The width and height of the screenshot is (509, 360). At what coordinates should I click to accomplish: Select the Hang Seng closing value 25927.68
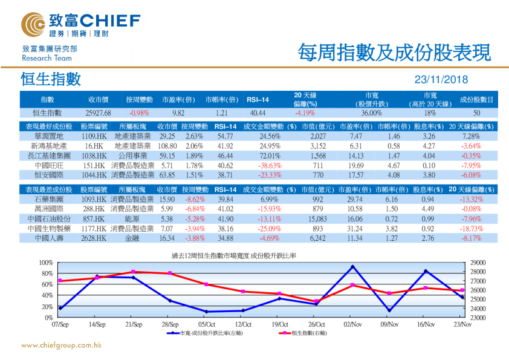[98, 113]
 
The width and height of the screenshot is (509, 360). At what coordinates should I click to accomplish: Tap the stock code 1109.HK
[94, 137]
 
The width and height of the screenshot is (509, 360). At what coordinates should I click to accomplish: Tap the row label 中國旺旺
[50, 165]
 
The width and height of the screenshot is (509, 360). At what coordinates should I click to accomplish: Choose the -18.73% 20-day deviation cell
[471, 229]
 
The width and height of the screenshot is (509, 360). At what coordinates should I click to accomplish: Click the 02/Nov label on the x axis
[352, 325]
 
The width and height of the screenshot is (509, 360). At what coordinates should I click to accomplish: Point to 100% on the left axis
[46, 263]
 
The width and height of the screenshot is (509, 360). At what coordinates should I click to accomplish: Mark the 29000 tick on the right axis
[477, 263]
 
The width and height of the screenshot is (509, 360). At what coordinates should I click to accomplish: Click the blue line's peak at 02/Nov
[353, 267]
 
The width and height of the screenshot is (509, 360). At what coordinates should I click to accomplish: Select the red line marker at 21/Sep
[134, 272]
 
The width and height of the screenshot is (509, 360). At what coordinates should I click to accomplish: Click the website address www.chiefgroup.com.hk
[61, 345]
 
